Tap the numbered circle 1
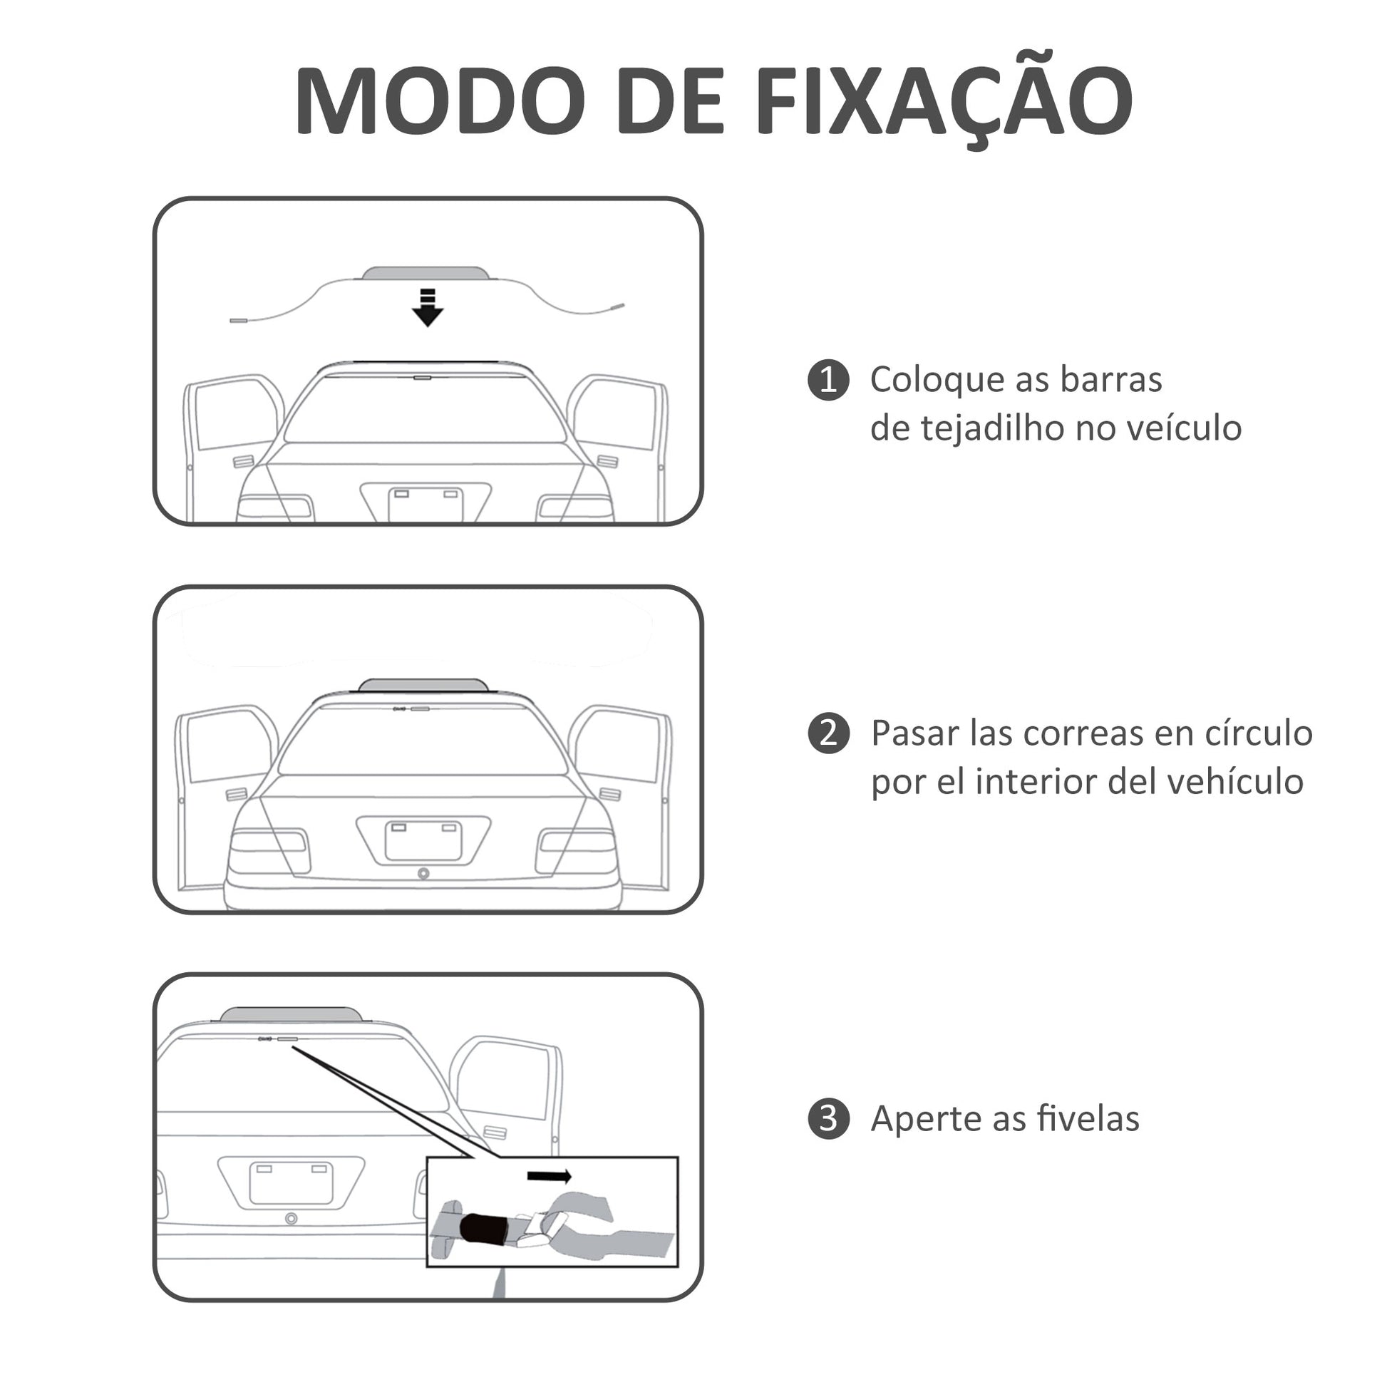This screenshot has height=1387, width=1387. coord(828,380)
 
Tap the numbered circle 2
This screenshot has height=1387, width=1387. coord(828,733)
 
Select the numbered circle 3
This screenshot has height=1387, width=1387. coord(828,1118)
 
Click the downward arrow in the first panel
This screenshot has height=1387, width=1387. coord(427,307)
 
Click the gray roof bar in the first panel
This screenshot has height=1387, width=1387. coord(426,274)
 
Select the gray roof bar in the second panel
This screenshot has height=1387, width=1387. coord(423,686)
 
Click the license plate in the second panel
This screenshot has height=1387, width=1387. coord(423,840)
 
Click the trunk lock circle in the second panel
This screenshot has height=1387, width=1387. coord(423,873)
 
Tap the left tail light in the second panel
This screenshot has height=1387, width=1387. coord(269,850)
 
